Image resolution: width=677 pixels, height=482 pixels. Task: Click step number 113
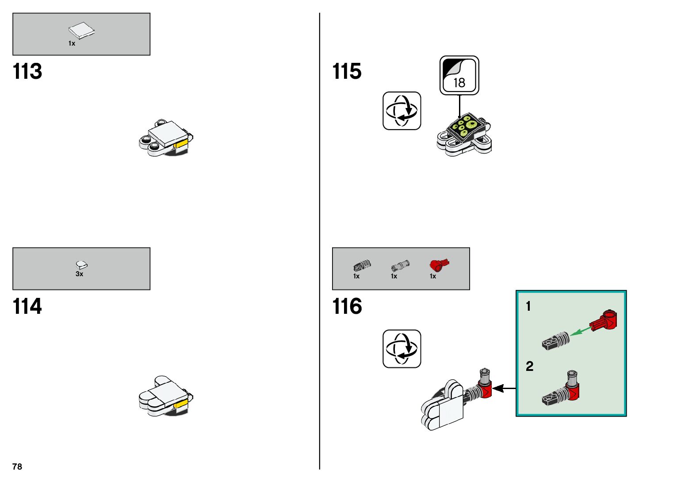(27, 72)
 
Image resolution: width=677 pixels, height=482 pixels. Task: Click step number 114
(27, 306)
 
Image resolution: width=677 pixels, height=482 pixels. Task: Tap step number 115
(347, 72)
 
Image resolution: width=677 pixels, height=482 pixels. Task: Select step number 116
(347, 306)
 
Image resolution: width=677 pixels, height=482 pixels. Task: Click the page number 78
(17, 467)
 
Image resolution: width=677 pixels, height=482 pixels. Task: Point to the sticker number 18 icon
(459, 75)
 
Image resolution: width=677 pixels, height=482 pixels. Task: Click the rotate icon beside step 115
(402, 111)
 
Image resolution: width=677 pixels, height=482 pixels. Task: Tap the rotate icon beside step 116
(402, 348)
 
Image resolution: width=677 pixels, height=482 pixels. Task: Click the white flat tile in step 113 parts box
(81, 31)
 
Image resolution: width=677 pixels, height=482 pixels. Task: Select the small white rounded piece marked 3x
(81, 265)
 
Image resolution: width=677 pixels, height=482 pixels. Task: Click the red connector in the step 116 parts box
(438, 265)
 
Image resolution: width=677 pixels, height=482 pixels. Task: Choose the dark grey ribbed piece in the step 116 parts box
(362, 266)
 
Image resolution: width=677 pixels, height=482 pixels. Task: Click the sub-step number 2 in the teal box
(529, 366)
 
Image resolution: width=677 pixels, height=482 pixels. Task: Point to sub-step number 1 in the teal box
(528, 306)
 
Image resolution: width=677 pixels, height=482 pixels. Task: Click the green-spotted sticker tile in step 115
(463, 127)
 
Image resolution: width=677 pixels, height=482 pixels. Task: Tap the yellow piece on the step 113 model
(181, 144)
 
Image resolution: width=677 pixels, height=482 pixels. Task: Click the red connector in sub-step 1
(604, 320)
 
